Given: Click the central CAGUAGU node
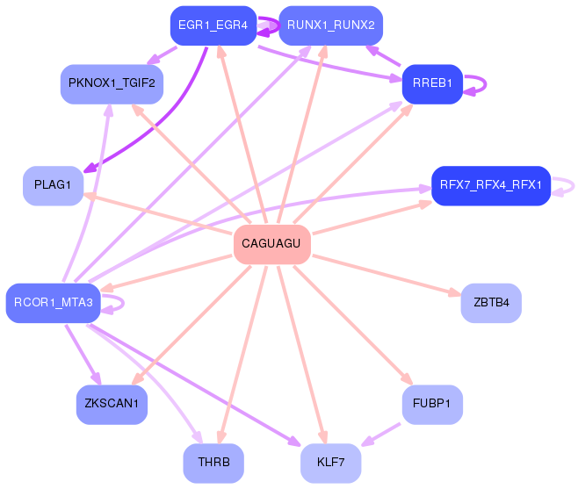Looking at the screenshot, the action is [272, 244].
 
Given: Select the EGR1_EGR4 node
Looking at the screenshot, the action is [213, 25].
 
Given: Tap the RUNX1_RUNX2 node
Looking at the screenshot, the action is [330, 25].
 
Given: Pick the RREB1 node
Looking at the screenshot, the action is [432, 84].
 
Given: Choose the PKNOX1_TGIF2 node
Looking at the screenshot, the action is [112, 84].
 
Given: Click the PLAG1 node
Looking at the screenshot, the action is [53, 185].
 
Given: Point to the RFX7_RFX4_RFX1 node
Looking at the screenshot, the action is [491, 185].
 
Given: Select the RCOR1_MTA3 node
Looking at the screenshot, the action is [53, 303].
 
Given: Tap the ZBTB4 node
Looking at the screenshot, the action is [491, 303].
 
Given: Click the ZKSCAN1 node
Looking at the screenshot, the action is [112, 404].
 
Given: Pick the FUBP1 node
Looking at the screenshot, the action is [432, 404].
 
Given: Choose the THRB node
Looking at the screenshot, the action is [213, 463].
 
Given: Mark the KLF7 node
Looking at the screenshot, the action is [330, 463].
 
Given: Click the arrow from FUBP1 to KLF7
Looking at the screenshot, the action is [380, 435].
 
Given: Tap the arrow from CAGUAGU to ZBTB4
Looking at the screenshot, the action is [387, 276].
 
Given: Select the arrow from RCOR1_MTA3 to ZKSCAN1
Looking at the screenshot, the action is [83, 355].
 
